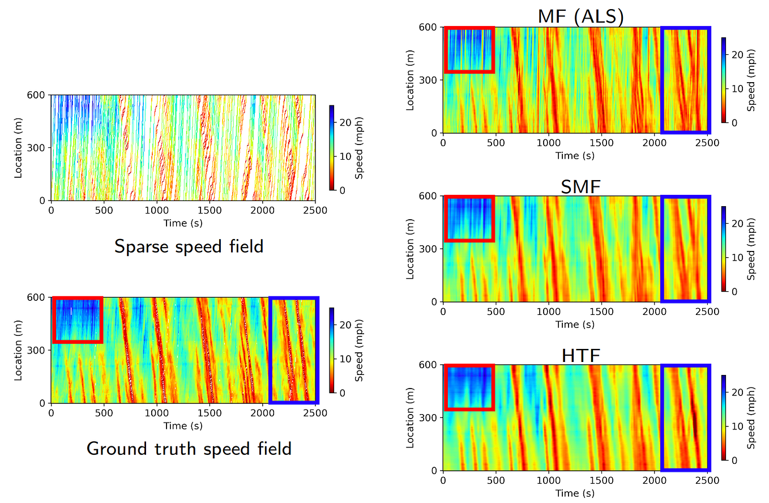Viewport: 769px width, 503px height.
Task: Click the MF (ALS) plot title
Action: pos(580,16)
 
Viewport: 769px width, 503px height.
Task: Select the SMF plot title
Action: pos(580,186)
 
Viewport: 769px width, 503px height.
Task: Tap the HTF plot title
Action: pos(580,355)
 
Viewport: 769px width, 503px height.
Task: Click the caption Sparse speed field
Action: pos(189,246)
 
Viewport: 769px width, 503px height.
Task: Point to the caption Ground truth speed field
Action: pos(189,449)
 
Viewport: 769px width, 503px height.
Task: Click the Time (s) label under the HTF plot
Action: pos(575,493)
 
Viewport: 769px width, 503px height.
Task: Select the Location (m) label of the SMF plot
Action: pos(411,249)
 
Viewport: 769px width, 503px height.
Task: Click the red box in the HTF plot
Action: pos(469,387)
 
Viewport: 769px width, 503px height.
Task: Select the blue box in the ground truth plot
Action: pos(293,349)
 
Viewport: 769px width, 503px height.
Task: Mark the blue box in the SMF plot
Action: pos(686,248)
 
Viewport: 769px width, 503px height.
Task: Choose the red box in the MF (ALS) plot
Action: pos(469,49)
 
